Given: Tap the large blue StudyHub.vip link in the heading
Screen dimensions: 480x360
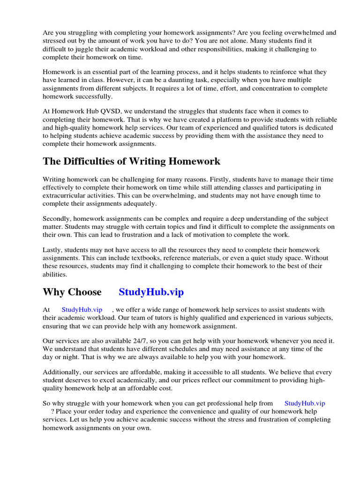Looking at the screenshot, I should coord(151,292).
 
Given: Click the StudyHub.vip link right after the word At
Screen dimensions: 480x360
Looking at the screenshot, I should coord(82,309).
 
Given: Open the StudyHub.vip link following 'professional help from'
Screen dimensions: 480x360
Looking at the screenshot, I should coord(304,403).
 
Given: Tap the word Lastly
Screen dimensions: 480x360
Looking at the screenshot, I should coord(52,250).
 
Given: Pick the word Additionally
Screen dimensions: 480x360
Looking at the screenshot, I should coord(63,372).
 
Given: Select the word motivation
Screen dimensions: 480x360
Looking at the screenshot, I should coord(209,235).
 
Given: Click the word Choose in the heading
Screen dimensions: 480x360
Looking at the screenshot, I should coord(85,292).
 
